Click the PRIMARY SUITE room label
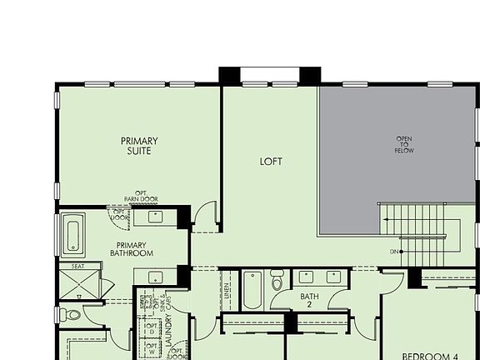coord(139,147)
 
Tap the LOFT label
coord(271,161)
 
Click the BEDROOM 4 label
coord(430,356)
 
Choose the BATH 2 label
coord(309,299)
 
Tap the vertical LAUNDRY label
coord(167,330)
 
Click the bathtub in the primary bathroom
coord(72,233)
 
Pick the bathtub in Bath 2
coord(253,289)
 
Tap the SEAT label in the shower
coord(77,267)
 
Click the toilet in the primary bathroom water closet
coord(72,315)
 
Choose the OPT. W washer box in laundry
coord(152,347)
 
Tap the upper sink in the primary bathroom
coord(156,217)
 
